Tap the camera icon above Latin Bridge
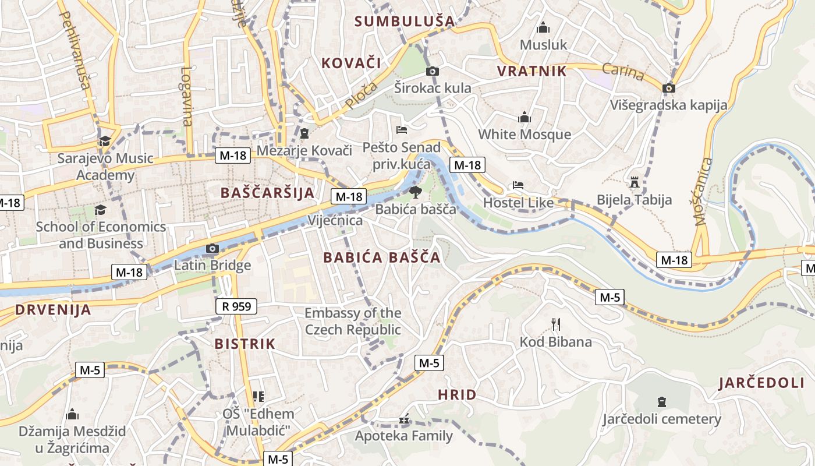(212, 249)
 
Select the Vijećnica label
(335, 220)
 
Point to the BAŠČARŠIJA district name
(267, 192)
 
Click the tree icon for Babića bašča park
(415, 192)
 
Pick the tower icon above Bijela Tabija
(635, 182)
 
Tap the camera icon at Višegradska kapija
(669, 88)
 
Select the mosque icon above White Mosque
(525, 117)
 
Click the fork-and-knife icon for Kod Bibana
(555, 324)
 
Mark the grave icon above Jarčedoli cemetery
(661, 401)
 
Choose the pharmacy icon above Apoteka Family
(404, 419)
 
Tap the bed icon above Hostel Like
(518, 185)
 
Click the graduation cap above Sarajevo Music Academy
(105, 141)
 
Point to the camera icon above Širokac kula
(432, 71)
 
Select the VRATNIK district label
(531, 71)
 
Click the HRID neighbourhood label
(457, 394)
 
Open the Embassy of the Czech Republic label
(353, 321)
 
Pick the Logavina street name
(186, 96)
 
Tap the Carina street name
(623, 72)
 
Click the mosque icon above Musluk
(543, 27)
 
